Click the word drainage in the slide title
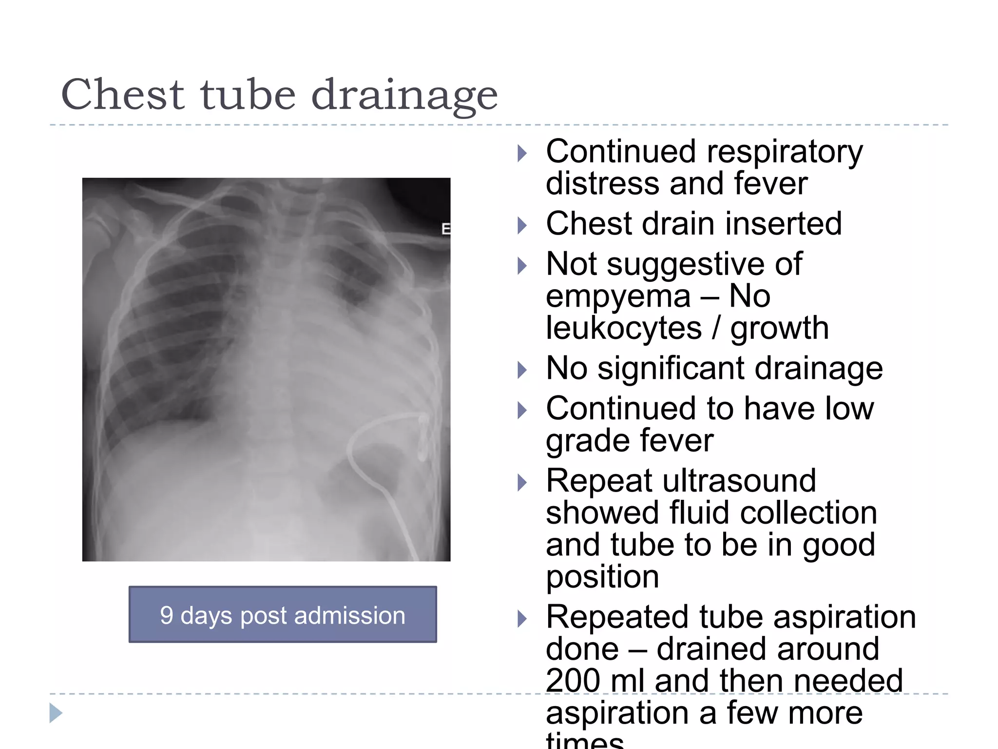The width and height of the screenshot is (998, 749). click(404, 96)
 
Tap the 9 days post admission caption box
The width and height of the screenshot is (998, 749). click(283, 614)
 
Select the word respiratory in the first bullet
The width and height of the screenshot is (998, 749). click(785, 152)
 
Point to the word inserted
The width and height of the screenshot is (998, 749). click(784, 224)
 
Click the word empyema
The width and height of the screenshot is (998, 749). click(618, 296)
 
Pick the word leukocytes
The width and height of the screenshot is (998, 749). click(624, 328)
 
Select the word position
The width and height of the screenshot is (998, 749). click(602, 577)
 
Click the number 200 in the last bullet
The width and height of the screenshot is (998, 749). click(573, 681)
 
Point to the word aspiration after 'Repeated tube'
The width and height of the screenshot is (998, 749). click(844, 617)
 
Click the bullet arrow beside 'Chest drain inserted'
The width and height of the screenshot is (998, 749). click(522, 225)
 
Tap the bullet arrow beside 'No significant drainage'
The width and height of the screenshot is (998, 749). click(522, 370)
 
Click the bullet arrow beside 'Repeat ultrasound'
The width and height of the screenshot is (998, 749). click(522, 483)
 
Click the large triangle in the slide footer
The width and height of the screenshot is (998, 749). click(56, 713)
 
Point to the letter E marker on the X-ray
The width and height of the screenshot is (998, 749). click(445, 229)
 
